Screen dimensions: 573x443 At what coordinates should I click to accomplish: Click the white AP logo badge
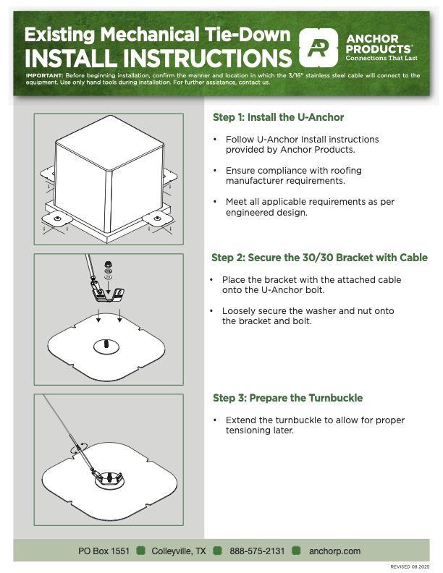(x=318, y=48)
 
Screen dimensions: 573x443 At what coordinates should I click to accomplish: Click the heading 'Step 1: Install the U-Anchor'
(x=278, y=117)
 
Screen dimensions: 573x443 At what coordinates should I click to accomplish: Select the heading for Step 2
(x=319, y=258)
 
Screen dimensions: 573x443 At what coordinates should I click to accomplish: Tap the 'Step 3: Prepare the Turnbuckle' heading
(x=287, y=398)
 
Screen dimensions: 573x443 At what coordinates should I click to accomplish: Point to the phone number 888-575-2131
(x=257, y=551)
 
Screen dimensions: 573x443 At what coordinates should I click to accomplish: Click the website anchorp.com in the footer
(x=334, y=551)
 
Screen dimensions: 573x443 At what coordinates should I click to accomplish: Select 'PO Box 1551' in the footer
(x=104, y=551)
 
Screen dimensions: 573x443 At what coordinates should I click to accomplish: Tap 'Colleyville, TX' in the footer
(x=179, y=551)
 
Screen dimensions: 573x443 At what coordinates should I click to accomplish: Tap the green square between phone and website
(x=296, y=551)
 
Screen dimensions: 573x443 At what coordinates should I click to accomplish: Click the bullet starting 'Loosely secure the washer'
(x=304, y=315)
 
